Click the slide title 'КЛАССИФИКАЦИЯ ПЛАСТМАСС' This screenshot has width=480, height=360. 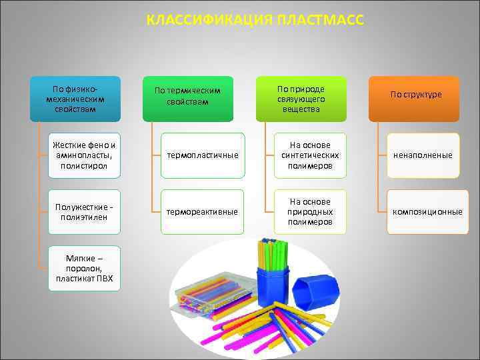click(255, 20)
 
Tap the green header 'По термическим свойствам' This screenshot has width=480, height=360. click(191, 99)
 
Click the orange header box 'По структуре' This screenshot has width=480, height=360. click(415, 99)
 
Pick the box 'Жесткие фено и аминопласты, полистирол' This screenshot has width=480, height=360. click(85, 155)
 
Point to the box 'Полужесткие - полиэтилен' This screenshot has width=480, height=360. click(85, 212)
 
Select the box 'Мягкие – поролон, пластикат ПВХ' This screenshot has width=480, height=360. click(85, 269)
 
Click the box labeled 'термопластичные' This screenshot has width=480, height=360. click(203, 155)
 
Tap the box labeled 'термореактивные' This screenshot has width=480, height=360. click(203, 212)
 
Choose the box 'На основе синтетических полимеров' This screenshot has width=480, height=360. click(309, 155)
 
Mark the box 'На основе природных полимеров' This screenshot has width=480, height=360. click(309, 212)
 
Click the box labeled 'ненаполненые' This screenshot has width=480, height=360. click(423, 155)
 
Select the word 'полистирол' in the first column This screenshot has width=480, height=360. click(85, 165)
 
